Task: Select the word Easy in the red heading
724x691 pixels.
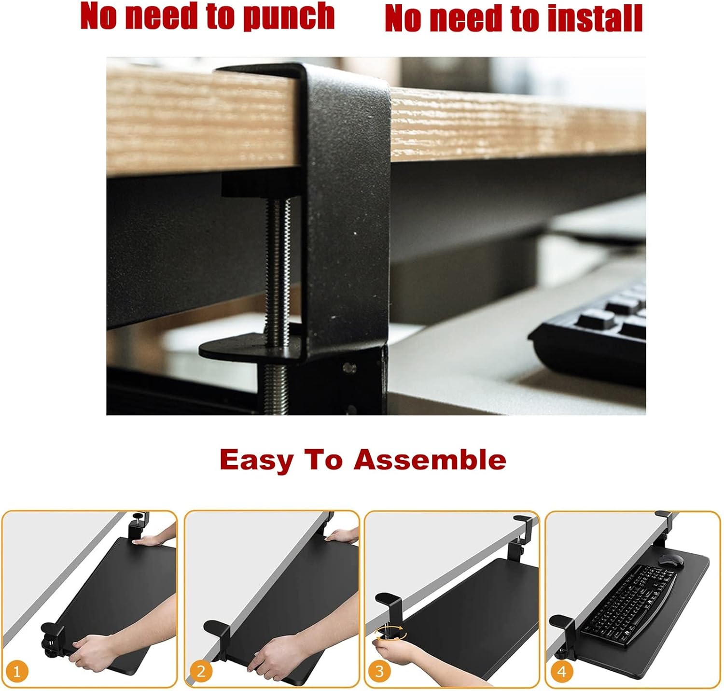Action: [x=256, y=460]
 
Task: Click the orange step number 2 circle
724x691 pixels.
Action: [x=201, y=671]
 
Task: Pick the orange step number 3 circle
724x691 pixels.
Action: [x=379, y=671]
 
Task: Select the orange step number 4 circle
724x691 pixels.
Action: [x=561, y=671]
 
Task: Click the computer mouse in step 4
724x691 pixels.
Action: [x=671, y=561]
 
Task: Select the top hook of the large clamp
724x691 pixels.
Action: [x=299, y=72]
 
